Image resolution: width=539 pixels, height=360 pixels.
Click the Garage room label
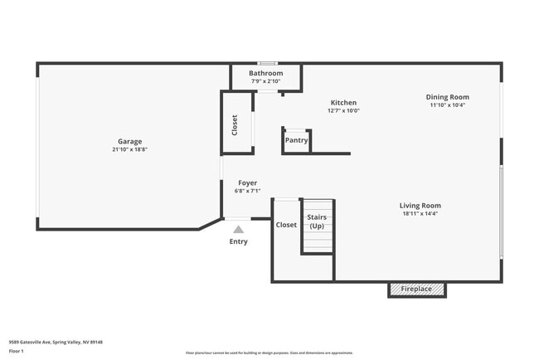point(129,141)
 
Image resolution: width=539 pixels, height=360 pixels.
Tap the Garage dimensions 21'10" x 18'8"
point(129,149)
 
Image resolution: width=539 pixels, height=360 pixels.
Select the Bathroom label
point(266,73)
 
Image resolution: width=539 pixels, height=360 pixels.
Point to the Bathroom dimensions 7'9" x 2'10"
point(266,80)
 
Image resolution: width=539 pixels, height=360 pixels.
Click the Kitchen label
point(343,103)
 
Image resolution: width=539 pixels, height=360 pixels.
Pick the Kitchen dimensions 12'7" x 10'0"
point(343,110)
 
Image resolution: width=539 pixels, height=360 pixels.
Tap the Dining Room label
point(448,97)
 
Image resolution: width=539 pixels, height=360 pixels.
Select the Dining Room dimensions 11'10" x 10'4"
point(448,105)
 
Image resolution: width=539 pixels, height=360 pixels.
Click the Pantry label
point(297,140)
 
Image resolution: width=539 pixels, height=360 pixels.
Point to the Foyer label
point(247,182)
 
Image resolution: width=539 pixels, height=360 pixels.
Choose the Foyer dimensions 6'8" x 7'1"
point(247,191)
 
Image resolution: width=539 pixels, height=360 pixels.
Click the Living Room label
point(420,205)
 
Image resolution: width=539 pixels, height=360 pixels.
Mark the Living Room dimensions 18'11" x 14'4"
point(420,213)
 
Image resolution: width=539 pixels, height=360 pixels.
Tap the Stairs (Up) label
point(317,221)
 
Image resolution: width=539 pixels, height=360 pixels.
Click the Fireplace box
point(417,289)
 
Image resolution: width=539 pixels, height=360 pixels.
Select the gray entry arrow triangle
point(239,230)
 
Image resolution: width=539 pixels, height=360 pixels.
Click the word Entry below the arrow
point(239,242)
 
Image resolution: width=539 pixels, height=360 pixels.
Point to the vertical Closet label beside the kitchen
point(235,125)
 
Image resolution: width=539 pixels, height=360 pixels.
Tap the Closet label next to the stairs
point(286,225)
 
